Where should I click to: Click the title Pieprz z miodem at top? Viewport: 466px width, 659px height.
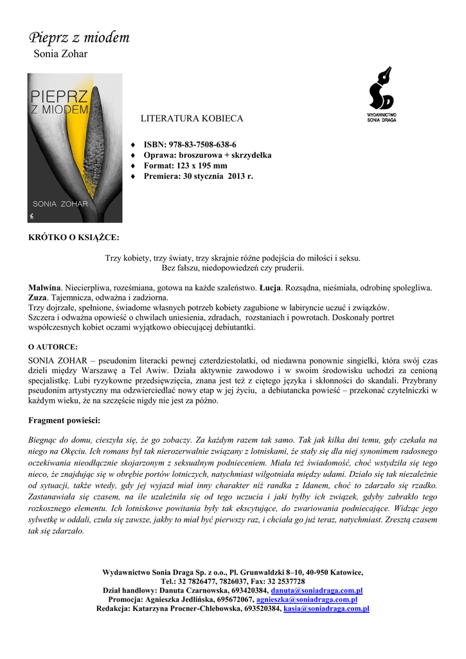click(79, 38)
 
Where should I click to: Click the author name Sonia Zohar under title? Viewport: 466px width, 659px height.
click(60, 54)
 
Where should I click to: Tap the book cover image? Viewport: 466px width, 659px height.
click(75, 147)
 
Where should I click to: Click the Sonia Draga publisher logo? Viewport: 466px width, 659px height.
click(381, 95)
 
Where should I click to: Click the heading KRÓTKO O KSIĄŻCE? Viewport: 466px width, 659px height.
click(74, 237)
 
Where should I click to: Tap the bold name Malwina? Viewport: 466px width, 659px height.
click(44, 287)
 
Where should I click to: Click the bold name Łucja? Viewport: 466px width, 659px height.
click(269, 287)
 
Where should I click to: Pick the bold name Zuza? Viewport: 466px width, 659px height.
click(37, 297)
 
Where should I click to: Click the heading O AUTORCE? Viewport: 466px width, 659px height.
click(53, 346)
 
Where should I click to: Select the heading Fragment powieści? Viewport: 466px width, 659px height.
click(64, 421)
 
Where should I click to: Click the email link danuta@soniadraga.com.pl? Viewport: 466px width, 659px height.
click(317, 590)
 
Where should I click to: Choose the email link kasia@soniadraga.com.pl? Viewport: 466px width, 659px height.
click(327, 608)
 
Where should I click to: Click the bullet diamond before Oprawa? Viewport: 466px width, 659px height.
click(133, 156)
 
